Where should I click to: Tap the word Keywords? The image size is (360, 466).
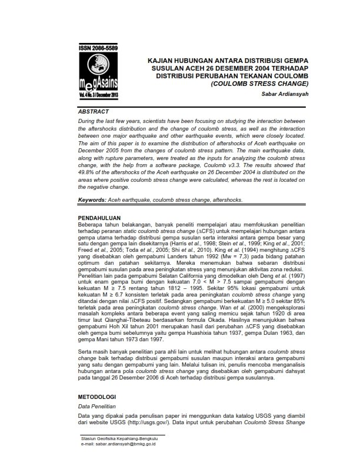[93, 200]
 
